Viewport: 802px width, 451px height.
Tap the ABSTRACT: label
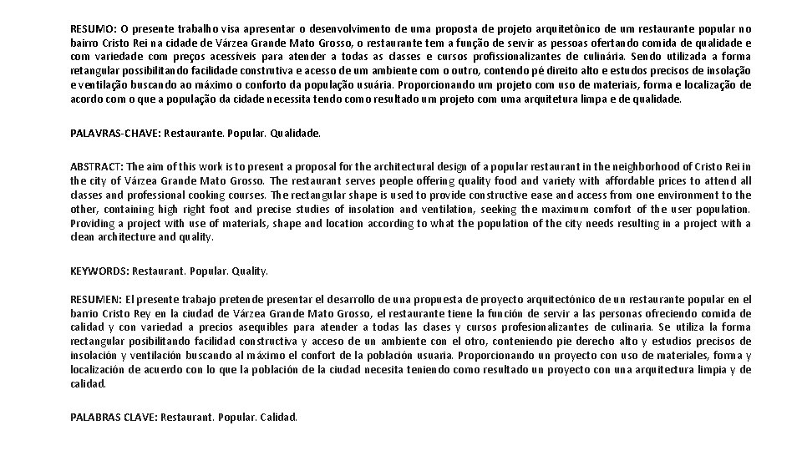[x=96, y=166]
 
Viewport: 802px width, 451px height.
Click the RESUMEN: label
[x=96, y=299]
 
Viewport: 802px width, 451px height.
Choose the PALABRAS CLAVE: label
[x=113, y=417]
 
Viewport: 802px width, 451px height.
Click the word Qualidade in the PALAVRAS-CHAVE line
[x=297, y=133]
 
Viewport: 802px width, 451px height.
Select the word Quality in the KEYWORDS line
[x=250, y=271]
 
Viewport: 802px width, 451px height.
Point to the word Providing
[x=94, y=223]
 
